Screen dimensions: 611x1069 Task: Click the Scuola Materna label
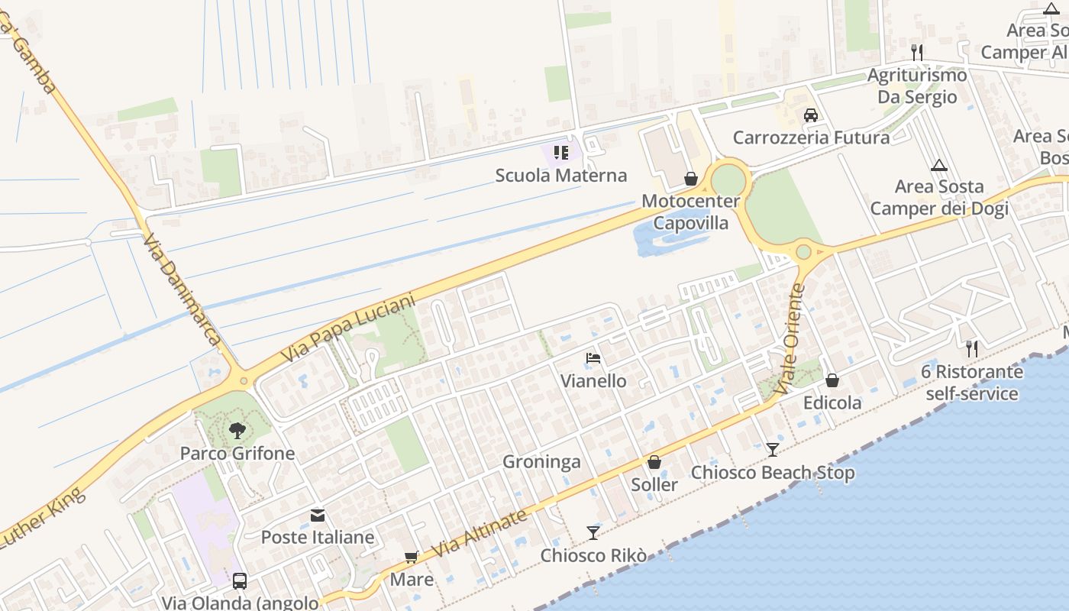[x=561, y=175]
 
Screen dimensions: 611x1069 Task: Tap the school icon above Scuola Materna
[x=561, y=153]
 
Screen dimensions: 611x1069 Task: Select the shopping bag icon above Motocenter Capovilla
[x=691, y=179]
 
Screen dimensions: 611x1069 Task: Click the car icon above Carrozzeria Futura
[x=811, y=115]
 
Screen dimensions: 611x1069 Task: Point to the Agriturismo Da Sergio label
[x=917, y=86]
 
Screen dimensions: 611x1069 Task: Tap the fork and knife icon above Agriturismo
[x=917, y=52]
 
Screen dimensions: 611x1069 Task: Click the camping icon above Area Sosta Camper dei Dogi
[x=939, y=165]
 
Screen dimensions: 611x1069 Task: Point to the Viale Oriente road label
[x=790, y=339]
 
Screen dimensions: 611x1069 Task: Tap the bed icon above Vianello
[x=593, y=357]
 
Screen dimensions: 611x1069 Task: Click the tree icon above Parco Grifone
[x=237, y=430]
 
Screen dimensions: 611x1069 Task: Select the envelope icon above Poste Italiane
[x=318, y=516]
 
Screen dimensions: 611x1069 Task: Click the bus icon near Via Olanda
[x=240, y=580]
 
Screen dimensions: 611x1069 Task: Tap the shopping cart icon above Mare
[x=412, y=558]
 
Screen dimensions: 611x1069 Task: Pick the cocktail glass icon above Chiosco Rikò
[x=593, y=532]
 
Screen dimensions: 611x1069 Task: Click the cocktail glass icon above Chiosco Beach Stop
[x=773, y=449]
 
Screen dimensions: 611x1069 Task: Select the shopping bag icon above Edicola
[x=832, y=380]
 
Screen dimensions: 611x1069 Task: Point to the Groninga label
[x=541, y=462]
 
